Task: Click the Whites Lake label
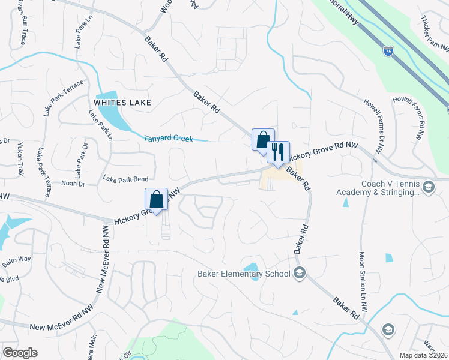tap(122, 102)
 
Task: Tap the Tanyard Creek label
tap(169, 139)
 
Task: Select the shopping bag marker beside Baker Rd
tap(263, 140)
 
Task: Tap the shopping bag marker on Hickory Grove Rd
tap(156, 200)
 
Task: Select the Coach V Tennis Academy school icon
tap(429, 188)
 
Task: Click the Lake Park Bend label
tap(125, 179)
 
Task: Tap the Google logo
tap(20, 353)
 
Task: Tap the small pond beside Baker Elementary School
tap(251, 267)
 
